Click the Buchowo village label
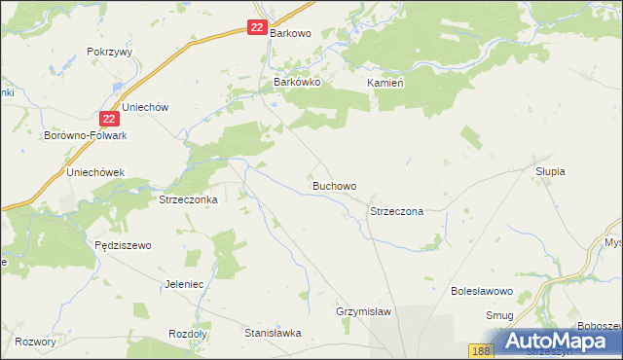coord(334,185)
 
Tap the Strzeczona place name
coord(396,211)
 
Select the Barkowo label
coord(290,33)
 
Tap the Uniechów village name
coord(146,106)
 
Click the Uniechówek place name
coord(94,172)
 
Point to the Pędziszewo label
coord(124,246)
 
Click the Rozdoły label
coord(188,332)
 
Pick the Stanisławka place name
coord(273,332)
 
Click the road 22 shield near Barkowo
coord(256,28)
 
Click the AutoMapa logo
coord(559,342)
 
